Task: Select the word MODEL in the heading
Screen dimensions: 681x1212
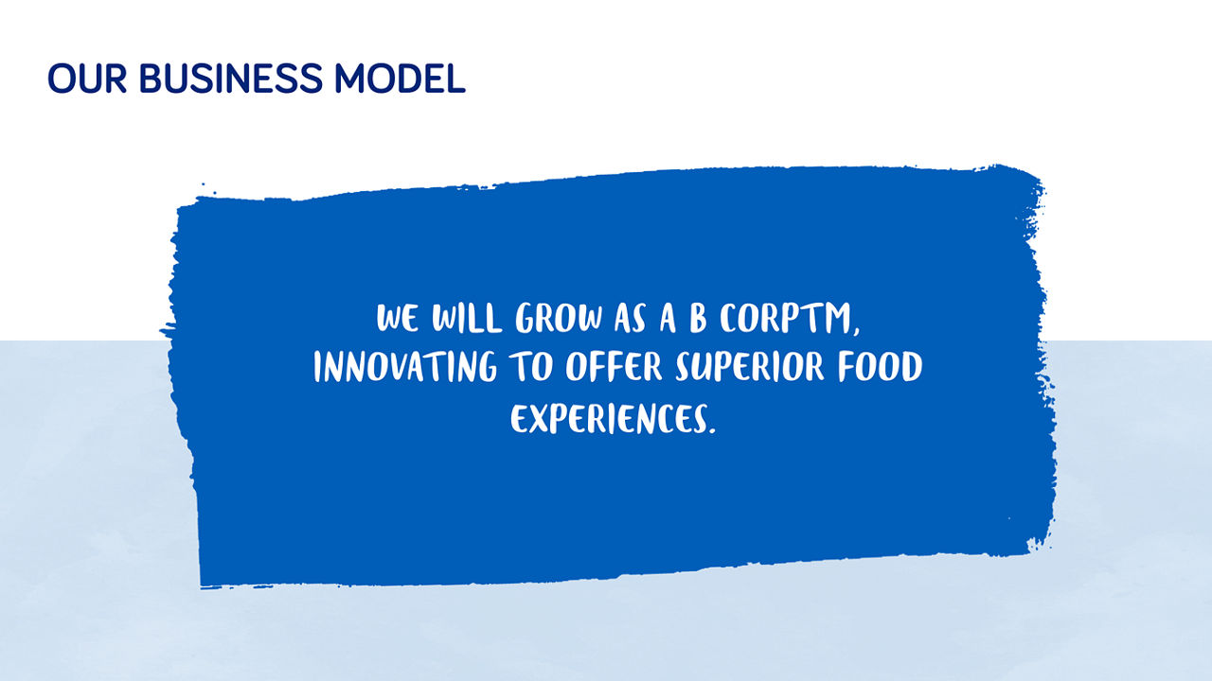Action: tap(400, 79)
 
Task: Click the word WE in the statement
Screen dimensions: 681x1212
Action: tap(397, 320)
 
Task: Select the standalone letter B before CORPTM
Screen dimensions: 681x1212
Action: tap(698, 320)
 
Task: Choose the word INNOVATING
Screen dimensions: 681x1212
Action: tap(404, 368)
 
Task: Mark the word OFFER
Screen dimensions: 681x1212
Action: tap(615, 368)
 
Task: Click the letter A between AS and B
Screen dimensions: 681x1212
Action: tap(667, 320)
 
